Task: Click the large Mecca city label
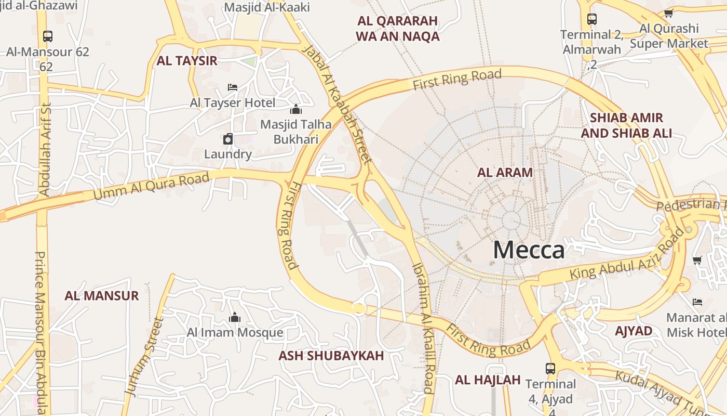point(529,250)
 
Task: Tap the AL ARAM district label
point(505,173)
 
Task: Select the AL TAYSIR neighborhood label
point(187,61)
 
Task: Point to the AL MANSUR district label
point(102,296)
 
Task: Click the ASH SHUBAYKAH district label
point(331,356)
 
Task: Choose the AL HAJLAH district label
point(488,380)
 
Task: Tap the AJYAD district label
point(634,331)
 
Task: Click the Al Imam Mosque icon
point(235,317)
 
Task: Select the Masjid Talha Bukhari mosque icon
point(296,109)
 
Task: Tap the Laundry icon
point(228,139)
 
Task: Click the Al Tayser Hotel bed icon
point(233,87)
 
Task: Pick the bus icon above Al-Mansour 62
point(47,36)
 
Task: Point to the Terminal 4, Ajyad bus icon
point(550,369)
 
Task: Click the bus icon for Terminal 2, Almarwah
point(591,19)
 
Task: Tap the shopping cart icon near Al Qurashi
point(668,14)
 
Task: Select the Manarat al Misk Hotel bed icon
point(697,302)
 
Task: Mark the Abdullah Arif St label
point(45,150)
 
